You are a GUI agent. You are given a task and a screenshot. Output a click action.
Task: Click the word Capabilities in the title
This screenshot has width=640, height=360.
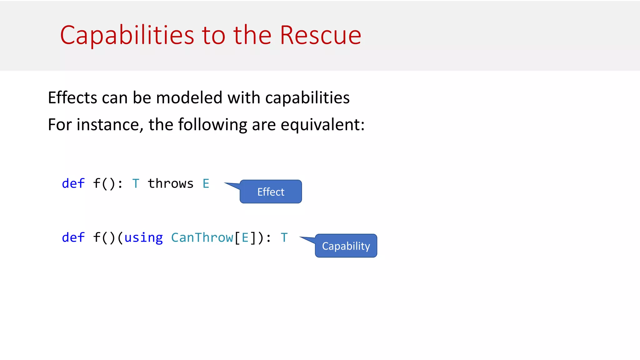pyautogui.click(x=127, y=35)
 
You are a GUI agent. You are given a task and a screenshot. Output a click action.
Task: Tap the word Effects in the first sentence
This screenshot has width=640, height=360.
pyautogui.click(x=72, y=97)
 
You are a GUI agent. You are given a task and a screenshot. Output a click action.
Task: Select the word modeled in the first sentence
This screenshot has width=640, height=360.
pyautogui.click(x=189, y=97)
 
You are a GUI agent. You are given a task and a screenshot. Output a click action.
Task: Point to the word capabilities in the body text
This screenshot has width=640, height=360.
pyautogui.click(x=307, y=98)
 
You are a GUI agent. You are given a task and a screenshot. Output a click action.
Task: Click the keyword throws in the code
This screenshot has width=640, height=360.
pyautogui.click(x=170, y=183)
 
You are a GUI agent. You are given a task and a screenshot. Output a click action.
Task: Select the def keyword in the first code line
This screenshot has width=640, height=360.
pyautogui.click(x=73, y=183)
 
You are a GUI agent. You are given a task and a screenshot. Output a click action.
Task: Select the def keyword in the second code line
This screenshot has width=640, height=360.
pyautogui.click(x=73, y=237)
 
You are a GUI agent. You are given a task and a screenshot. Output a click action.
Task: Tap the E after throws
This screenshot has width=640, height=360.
pyautogui.click(x=206, y=183)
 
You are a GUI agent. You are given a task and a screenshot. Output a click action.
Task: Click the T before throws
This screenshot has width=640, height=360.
pyautogui.click(x=136, y=183)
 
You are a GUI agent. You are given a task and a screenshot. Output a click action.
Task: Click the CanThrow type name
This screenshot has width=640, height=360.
pyautogui.click(x=202, y=237)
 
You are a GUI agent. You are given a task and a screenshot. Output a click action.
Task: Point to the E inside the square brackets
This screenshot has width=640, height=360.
pyautogui.click(x=245, y=237)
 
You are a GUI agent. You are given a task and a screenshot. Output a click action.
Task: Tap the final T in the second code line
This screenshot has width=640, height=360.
pyautogui.click(x=284, y=237)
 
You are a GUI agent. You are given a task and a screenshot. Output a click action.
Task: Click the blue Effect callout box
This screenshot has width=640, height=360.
pyautogui.click(x=271, y=192)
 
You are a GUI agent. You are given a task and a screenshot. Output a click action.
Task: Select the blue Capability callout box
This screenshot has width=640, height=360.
pyautogui.click(x=346, y=246)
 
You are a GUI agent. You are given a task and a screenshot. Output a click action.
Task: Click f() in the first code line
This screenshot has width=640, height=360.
pyautogui.click(x=104, y=183)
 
